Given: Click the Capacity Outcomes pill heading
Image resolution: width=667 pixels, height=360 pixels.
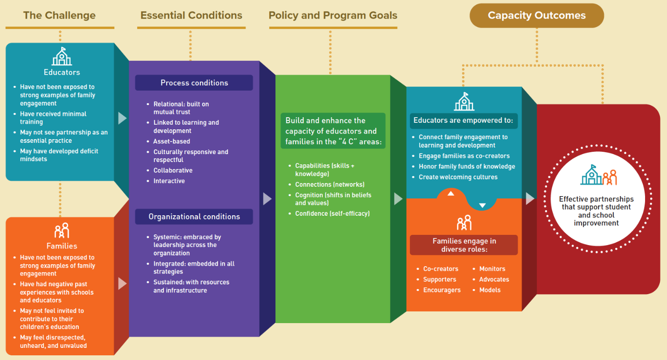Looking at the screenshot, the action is click(x=537, y=15).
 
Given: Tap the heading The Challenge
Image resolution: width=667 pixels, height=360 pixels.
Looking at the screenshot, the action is click(x=60, y=15).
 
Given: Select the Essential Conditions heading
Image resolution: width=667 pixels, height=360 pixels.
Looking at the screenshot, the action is click(x=191, y=15).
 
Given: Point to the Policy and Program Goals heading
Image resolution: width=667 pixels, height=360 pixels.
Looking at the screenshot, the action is click(x=333, y=15).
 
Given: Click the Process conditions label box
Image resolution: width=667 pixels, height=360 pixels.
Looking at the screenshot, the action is click(x=194, y=83).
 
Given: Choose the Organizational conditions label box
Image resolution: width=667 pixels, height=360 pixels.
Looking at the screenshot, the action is click(x=194, y=217).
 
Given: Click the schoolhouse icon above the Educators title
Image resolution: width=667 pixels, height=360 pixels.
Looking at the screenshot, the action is click(x=62, y=56).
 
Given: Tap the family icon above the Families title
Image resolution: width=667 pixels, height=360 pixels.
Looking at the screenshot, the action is click(x=62, y=230).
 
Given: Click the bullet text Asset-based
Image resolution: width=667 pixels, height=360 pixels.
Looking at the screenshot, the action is click(x=171, y=141).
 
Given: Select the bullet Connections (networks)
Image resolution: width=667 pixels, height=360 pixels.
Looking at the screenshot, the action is click(x=330, y=184).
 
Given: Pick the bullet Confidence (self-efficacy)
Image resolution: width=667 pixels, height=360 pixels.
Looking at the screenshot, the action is click(x=332, y=213).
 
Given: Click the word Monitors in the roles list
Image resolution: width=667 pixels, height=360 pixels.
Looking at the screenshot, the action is click(x=492, y=269).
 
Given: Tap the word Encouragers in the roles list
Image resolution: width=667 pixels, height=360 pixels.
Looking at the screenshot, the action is click(x=442, y=290).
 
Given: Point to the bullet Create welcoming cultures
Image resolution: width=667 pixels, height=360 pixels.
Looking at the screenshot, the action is click(x=458, y=177).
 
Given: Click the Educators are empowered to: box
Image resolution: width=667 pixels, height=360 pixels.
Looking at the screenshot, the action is click(x=463, y=120).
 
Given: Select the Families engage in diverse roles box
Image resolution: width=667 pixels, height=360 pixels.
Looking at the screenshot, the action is click(x=463, y=245).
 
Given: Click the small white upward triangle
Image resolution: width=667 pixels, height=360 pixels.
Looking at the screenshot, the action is click(x=451, y=194).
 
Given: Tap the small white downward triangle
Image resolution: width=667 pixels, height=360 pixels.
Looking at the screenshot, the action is click(x=482, y=205).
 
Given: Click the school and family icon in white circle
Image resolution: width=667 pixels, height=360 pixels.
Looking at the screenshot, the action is click(x=598, y=175).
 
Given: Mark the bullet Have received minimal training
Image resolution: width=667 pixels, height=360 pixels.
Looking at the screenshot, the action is click(x=53, y=118).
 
